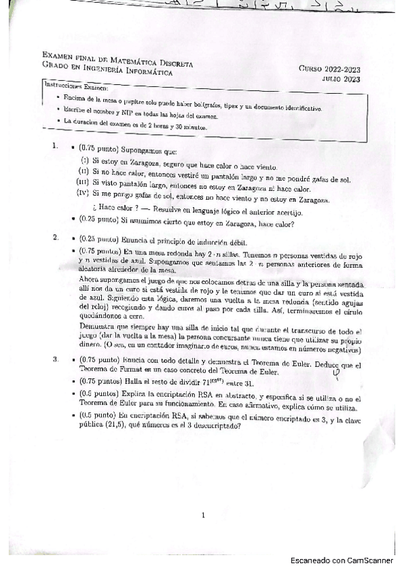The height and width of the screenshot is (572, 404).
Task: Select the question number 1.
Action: (55, 146)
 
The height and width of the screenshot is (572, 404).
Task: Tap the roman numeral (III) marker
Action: (83, 181)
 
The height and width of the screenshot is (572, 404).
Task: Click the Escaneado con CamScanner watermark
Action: (341, 561)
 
